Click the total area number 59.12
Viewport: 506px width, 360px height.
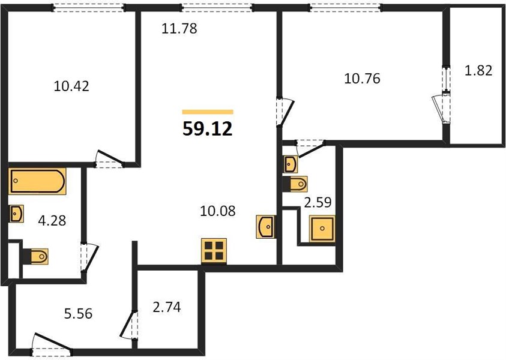(x=208, y=129)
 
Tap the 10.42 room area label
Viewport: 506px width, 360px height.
(x=71, y=86)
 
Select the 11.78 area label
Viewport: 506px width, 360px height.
(x=179, y=28)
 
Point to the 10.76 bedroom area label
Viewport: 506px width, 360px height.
(x=362, y=79)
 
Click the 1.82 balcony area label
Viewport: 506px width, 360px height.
(x=478, y=70)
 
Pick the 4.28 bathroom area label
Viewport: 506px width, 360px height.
(x=52, y=221)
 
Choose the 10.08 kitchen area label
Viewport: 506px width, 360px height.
(x=218, y=211)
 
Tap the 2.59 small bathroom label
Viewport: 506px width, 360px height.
(x=318, y=202)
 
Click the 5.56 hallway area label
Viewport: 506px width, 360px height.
(x=78, y=313)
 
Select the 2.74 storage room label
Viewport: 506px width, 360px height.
(x=167, y=307)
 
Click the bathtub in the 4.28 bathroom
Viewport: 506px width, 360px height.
(x=37, y=181)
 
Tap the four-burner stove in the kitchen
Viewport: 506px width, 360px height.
(x=214, y=251)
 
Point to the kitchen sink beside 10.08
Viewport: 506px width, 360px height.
(x=266, y=227)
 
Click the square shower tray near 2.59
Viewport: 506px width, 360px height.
(x=322, y=229)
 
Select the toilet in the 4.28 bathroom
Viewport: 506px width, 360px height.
(x=36, y=257)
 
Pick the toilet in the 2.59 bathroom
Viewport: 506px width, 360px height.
(x=295, y=184)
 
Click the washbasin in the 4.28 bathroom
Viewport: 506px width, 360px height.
(x=16, y=214)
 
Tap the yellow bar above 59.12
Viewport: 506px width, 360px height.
(x=208, y=112)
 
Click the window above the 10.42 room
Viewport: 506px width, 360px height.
(x=89, y=8)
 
